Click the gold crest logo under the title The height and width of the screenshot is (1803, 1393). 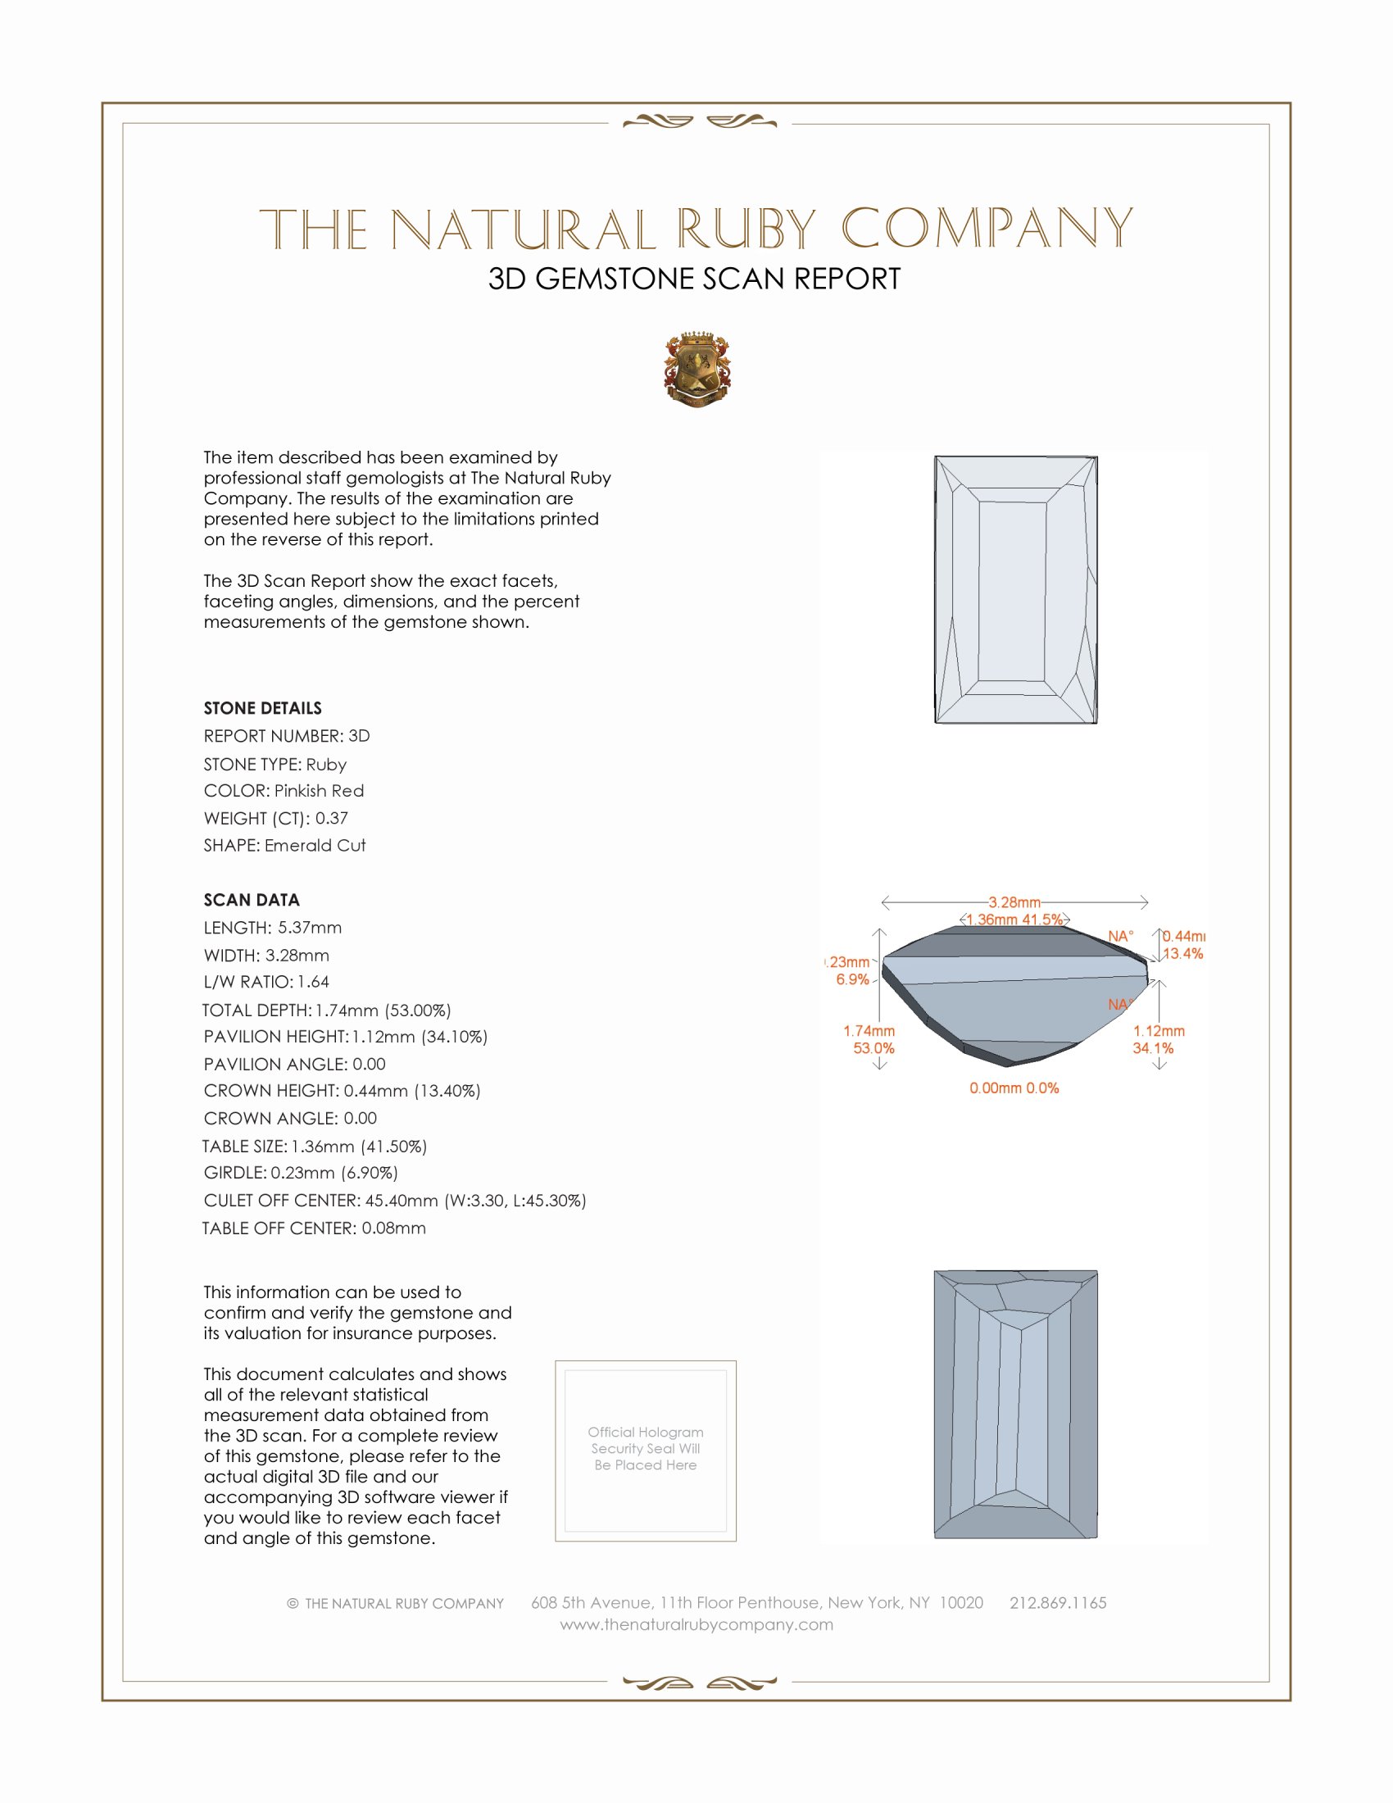pyautogui.click(x=696, y=370)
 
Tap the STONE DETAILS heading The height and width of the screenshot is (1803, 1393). pyautogui.click(x=262, y=708)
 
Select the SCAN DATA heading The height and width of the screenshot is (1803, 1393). pyautogui.click(x=252, y=900)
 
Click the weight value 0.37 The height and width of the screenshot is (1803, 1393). pyautogui.click(x=332, y=818)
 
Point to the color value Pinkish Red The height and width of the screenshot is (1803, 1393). pyautogui.click(x=319, y=791)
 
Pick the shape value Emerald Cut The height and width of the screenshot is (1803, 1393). pyautogui.click(x=315, y=846)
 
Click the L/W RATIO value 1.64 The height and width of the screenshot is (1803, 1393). pyautogui.click(x=314, y=982)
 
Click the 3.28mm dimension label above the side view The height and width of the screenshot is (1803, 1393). pyautogui.click(x=1014, y=902)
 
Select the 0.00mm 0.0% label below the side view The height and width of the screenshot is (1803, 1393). pyautogui.click(x=1014, y=1088)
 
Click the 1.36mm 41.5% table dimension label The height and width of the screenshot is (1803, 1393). pyautogui.click(x=1014, y=920)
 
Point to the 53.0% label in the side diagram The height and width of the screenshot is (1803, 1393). pyautogui.click(x=873, y=1048)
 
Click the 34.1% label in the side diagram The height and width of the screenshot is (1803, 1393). pyautogui.click(x=1153, y=1048)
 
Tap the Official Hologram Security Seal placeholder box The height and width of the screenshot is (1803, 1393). pyautogui.click(x=646, y=1451)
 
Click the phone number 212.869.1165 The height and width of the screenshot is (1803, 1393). pyautogui.click(x=1058, y=1602)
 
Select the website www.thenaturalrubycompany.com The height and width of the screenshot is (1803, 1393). pyautogui.click(x=696, y=1624)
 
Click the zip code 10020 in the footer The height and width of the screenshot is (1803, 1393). pyautogui.click(x=961, y=1602)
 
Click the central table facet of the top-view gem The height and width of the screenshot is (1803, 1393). pyautogui.click(x=1013, y=591)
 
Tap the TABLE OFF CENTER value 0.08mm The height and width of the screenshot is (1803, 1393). pyautogui.click(x=393, y=1228)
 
